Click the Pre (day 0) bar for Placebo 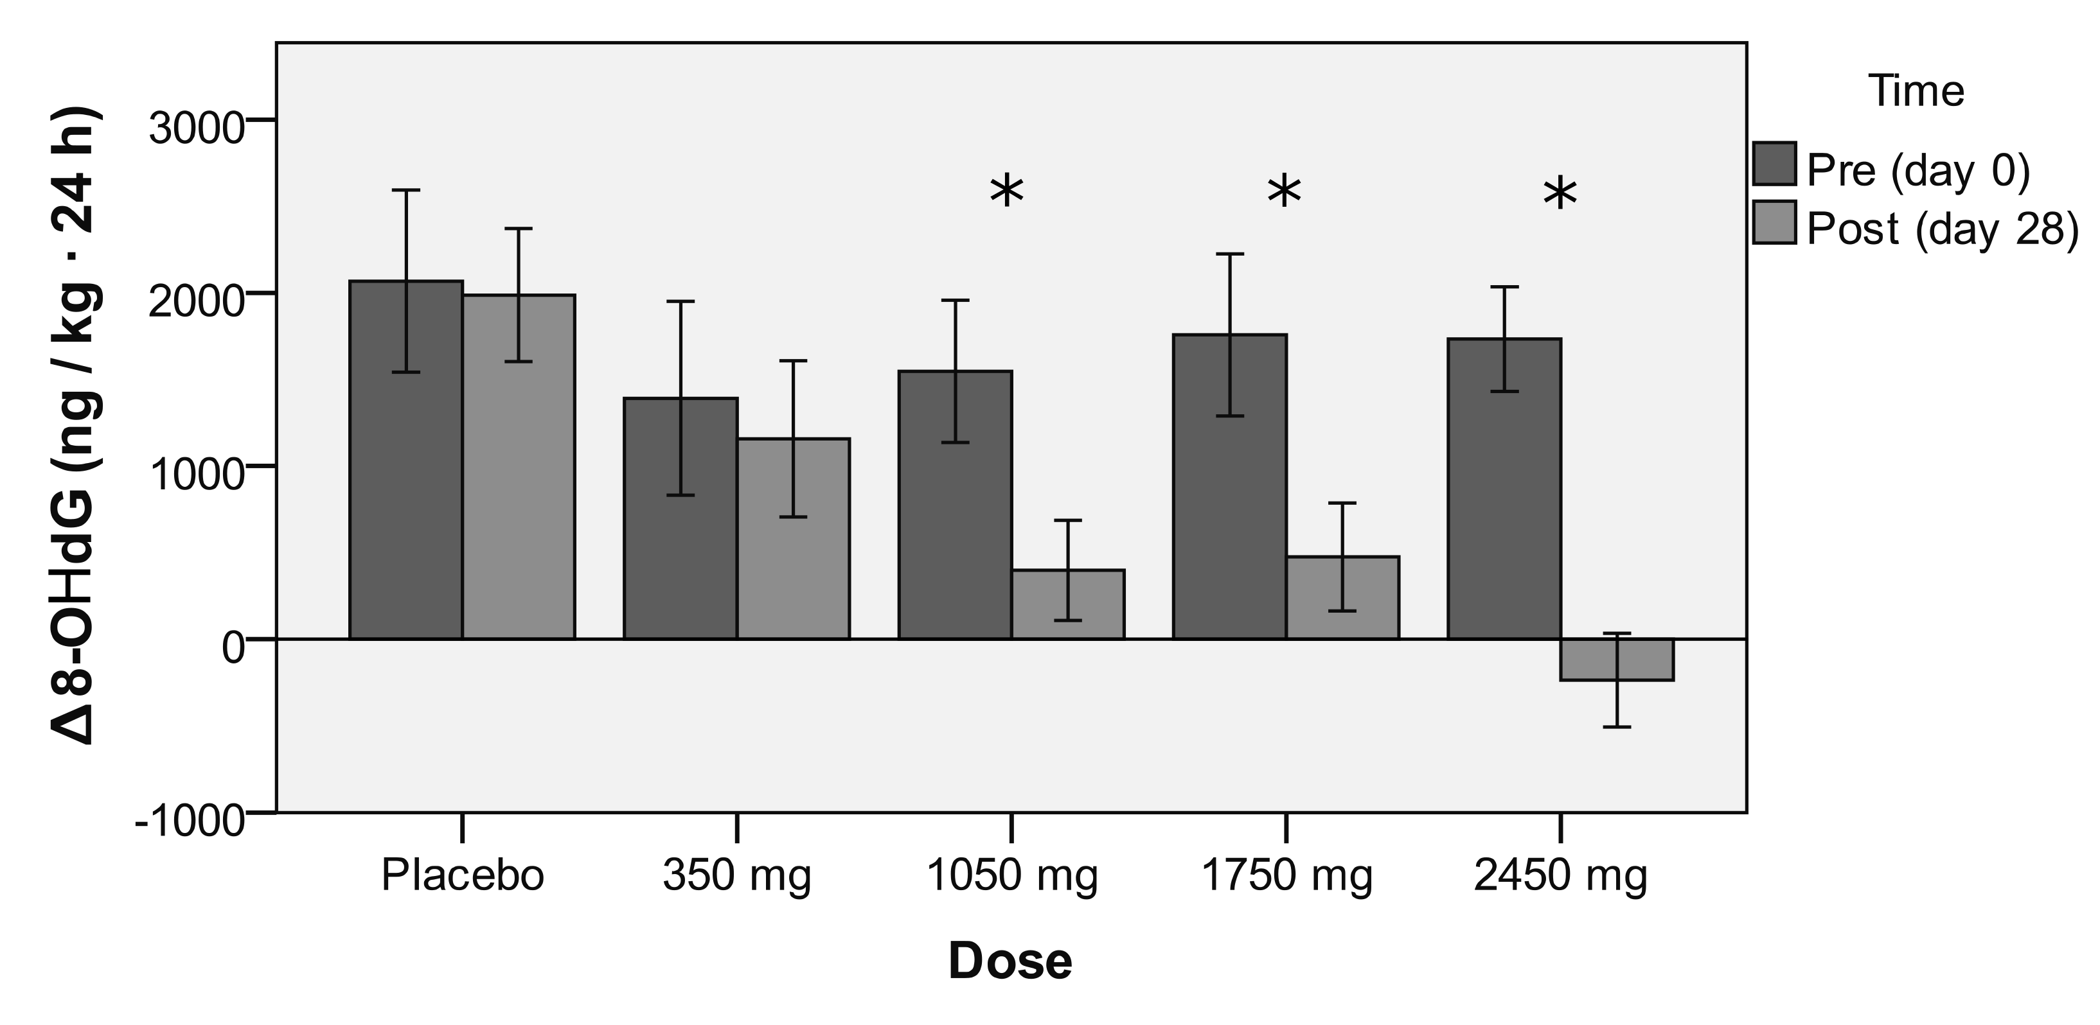pos(405,489)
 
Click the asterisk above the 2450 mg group pos(1560,195)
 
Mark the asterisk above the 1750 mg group pos(1284,193)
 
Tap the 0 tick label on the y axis pos(233,649)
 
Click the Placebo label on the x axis pos(462,877)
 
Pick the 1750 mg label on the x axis pos(1286,877)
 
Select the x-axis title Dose pos(1010,961)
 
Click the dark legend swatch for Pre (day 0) pos(1774,164)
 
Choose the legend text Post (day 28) pos(1942,229)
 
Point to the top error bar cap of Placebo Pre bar pos(405,190)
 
